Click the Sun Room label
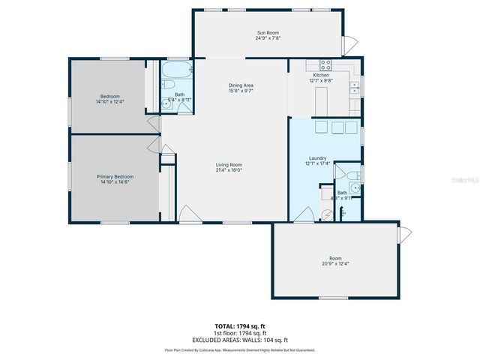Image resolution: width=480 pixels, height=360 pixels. click(x=263, y=33)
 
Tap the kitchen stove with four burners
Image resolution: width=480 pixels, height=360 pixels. click(x=326, y=65)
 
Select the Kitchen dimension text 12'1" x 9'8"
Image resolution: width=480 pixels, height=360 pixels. click(x=321, y=81)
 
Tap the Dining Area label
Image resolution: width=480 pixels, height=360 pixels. click(x=241, y=85)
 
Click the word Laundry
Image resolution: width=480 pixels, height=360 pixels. click(x=316, y=157)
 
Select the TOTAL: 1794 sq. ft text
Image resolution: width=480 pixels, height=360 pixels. click(x=240, y=326)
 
